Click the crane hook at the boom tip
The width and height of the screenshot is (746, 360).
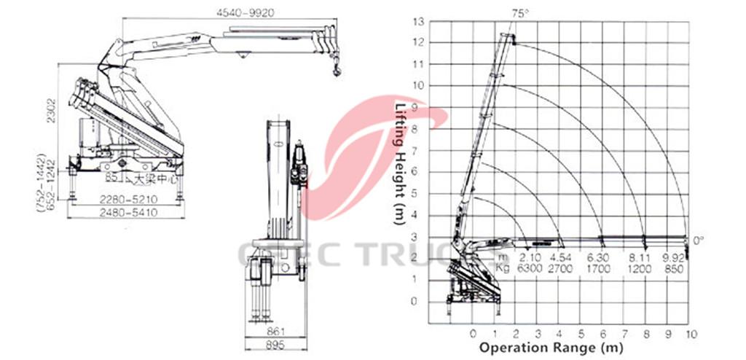pos(336,70)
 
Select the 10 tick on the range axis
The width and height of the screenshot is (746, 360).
pos(691,334)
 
